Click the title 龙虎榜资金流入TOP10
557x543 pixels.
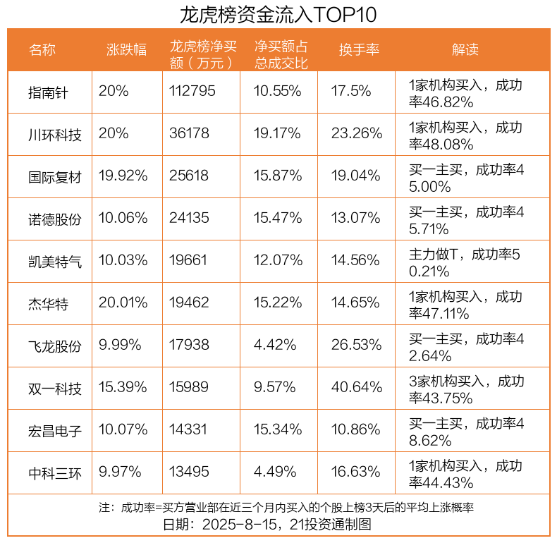[278, 15]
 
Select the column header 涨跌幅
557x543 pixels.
[127, 50]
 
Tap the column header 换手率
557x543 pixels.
[359, 50]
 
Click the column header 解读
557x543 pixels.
[465, 50]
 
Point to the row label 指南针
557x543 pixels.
[49, 92]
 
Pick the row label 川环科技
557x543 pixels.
[55, 134]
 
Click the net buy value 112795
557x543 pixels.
[192, 92]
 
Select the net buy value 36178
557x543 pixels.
[189, 134]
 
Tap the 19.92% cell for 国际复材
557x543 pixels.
[123, 176]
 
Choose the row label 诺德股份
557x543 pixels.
[55, 219]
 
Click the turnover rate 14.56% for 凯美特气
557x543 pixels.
[356, 261]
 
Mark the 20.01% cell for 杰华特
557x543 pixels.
[123, 303]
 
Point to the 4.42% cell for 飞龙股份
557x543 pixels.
[274, 346]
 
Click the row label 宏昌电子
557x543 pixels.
[55, 430]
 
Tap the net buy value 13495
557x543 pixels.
[189, 472]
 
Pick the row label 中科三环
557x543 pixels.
[55, 472]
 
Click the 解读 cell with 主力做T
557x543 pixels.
[465, 261]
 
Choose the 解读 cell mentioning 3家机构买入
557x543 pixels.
[466, 388]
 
